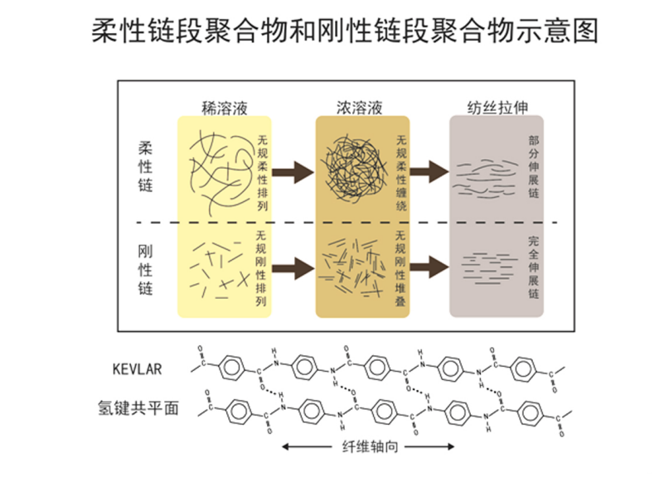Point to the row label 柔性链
pyautogui.click(x=146, y=166)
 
